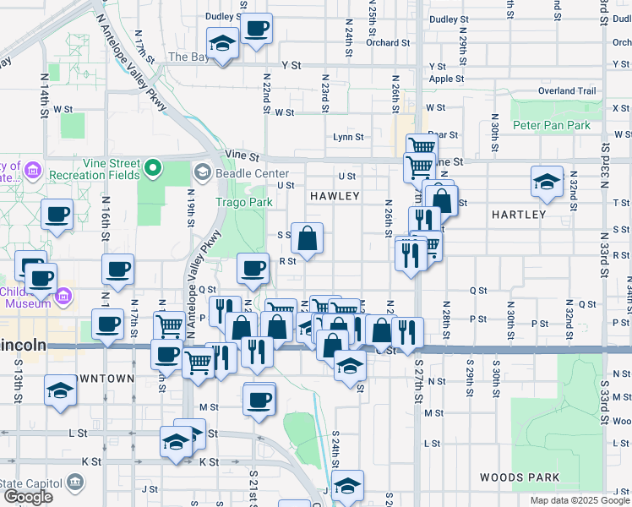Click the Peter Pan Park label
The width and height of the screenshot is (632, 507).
click(x=552, y=125)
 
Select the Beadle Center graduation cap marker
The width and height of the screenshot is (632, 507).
click(x=202, y=173)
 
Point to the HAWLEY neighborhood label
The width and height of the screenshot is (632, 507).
click(x=335, y=196)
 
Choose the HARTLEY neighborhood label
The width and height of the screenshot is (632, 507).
click(x=519, y=215)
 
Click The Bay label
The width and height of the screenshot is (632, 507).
click(x=188, y=57)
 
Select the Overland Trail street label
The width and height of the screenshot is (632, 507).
click(x=567, y=91)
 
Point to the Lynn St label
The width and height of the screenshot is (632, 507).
click(x=348, y=137)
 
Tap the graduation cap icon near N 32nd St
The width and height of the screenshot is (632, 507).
click(x=547, y=182)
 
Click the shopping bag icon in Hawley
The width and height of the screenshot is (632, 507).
click(x=308, y=239)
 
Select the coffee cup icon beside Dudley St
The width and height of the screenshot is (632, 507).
click(x=256, y=28)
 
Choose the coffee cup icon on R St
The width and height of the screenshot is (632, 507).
click(x=253, y=269)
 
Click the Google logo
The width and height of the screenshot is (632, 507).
click(x=28, y=497)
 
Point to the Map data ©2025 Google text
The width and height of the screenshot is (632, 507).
click(x=579, y=500)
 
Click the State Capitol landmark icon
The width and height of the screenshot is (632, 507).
click(x=75, y=482)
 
